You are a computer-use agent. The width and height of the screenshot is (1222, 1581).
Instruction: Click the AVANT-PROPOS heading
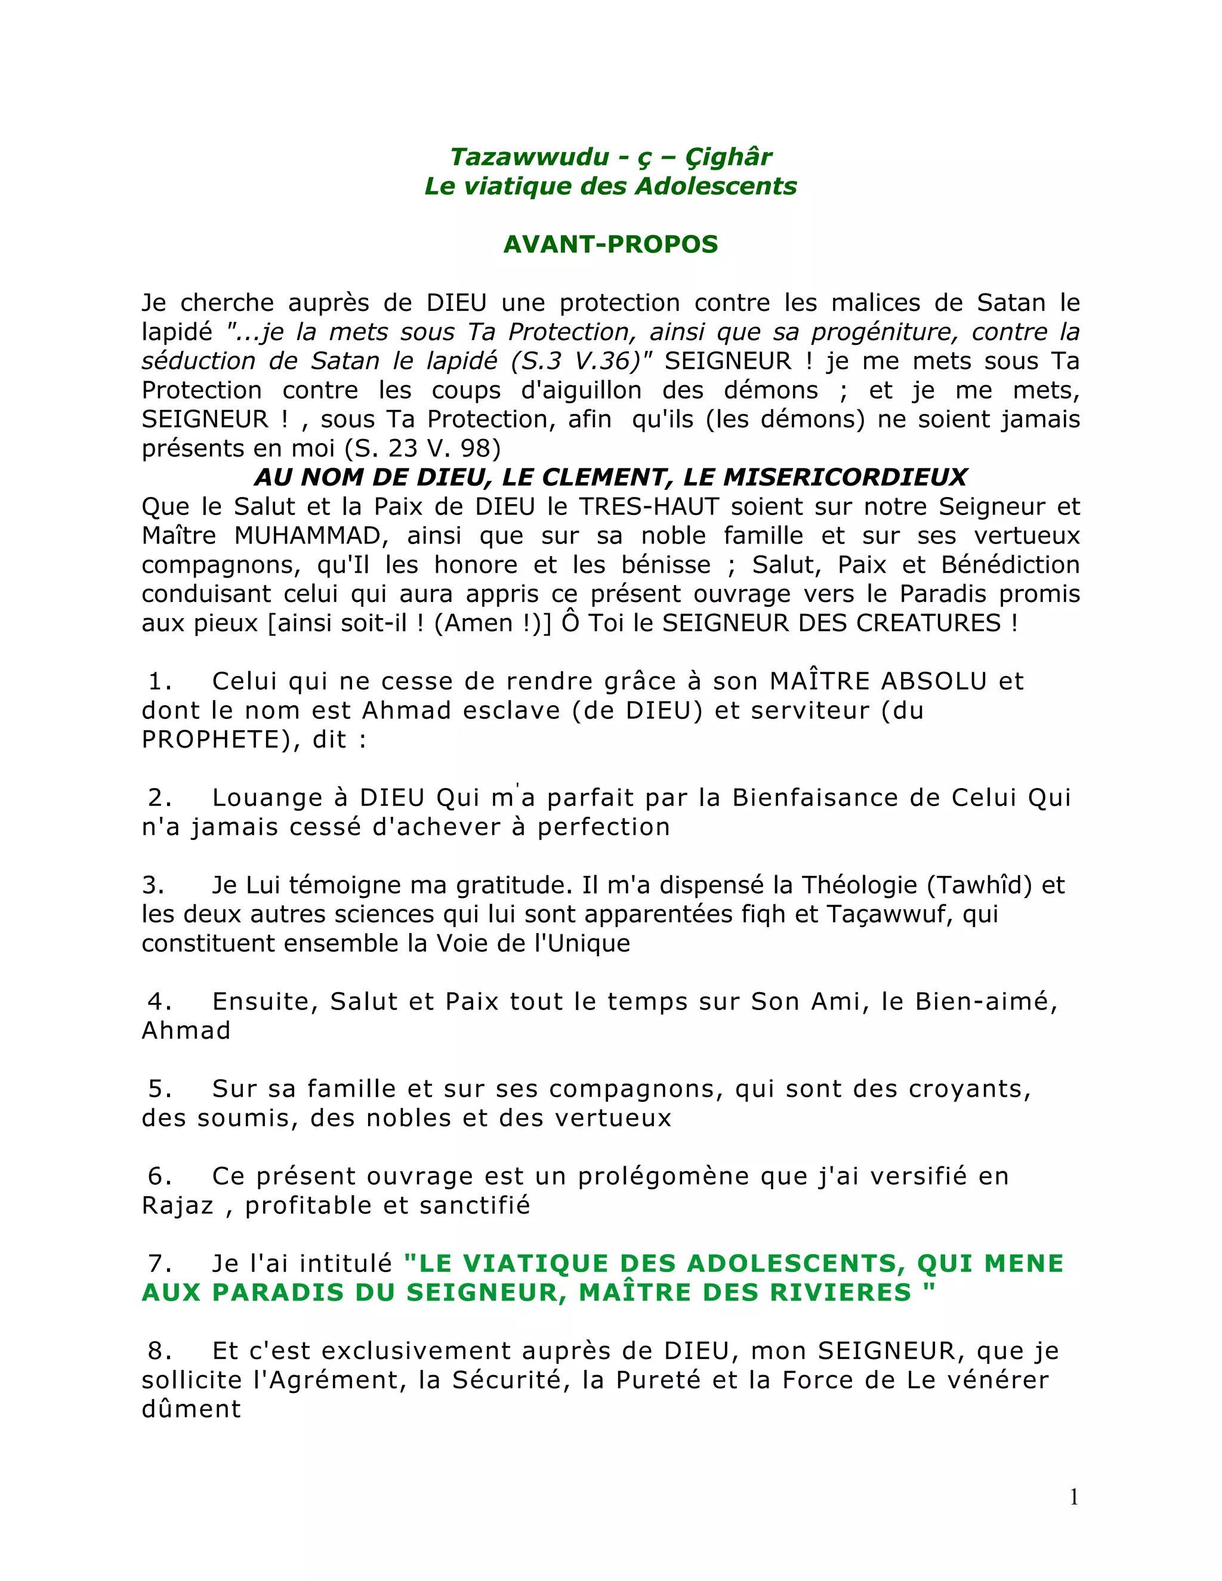click(610, 244)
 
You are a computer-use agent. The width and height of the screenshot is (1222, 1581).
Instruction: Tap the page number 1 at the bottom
click(1073, 1496)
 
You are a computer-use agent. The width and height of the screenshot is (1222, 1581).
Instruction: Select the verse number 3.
click(153, 885)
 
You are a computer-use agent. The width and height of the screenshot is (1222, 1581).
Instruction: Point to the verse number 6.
click(159, 1176)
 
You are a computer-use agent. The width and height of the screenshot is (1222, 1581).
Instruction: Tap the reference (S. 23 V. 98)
click(423, 448)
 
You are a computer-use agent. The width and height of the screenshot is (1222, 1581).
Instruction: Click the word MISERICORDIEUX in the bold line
click(845, 477)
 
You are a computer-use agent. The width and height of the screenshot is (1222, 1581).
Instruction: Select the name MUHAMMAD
click(307, 536)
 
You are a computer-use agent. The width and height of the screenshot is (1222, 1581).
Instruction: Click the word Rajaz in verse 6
click(177, 1205)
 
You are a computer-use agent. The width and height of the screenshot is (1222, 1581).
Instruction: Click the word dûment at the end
click(191, 1409)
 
